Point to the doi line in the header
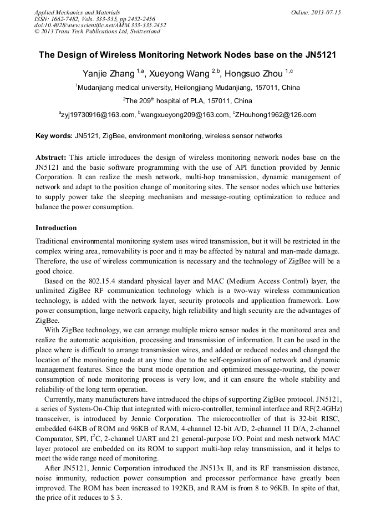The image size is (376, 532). [100, 26]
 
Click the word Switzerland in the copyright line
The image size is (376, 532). [141, 32]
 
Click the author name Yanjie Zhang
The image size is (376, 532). [109, 73]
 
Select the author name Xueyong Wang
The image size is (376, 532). [179, 73]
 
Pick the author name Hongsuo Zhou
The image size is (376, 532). [253, 73]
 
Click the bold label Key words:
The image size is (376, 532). [54, 136]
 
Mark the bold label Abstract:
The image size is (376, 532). [51, 158]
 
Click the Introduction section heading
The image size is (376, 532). [56, 228]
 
